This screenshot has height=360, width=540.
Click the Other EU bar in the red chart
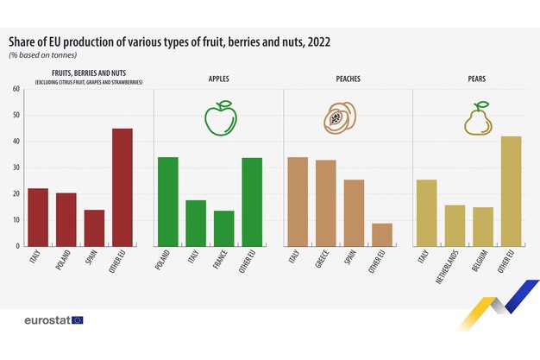(x=122, y=187)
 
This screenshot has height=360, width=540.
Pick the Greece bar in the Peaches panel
(x=325, y=203)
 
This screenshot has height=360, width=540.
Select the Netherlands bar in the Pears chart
(x=455, y=225)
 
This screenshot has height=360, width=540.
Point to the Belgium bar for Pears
(x=483, y=226)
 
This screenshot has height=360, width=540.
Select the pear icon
(x=477, y=119)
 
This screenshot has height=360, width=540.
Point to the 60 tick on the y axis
(x=16, y=89)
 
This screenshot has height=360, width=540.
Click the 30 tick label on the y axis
(x=16, y=167)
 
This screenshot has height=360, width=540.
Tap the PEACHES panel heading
(x=348, y=79)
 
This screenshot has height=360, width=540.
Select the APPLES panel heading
(x=218, y=79)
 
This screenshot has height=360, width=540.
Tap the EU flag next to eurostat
(x=78, y=320)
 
